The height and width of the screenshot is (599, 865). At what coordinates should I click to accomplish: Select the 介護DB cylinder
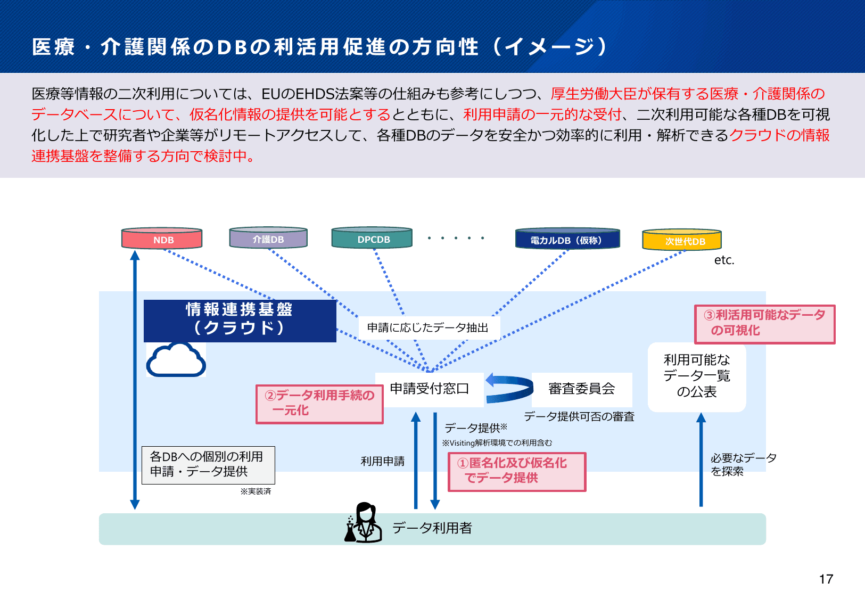pos(268,238)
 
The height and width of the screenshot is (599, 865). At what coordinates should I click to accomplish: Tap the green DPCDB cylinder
pos(372,238)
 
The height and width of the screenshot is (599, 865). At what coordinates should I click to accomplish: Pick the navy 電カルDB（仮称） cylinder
pos(567,239)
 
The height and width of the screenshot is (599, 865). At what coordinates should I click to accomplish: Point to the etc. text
pos(724,260)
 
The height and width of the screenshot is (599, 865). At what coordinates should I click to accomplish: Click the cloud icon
pos(176,360)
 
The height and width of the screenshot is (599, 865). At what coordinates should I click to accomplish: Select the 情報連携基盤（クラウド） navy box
pos(240,320)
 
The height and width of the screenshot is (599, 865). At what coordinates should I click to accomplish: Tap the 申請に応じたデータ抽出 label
pos(427,327)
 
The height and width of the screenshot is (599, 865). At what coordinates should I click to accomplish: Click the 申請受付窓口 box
pos(429,389)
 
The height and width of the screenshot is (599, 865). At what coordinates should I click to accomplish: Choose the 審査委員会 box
pos(581,389)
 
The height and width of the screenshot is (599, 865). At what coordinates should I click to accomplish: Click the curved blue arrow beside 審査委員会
pos(508,389)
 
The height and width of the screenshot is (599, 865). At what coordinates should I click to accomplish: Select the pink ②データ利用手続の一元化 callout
pos(319,404)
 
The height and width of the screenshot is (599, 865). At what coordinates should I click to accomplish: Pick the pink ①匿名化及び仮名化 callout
pos(516,471)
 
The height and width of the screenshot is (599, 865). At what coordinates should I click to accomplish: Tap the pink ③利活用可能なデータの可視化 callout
pos(764,323)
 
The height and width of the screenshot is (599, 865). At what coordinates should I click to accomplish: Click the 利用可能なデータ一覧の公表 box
pos(696,376)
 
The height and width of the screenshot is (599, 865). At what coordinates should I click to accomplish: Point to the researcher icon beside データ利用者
pos(364,523)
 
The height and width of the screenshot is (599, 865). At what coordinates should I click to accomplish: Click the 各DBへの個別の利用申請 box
pos(208,464)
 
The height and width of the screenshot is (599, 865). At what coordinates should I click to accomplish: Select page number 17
pos(826,579)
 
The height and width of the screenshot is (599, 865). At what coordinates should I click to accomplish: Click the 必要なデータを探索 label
pos(743,464)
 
